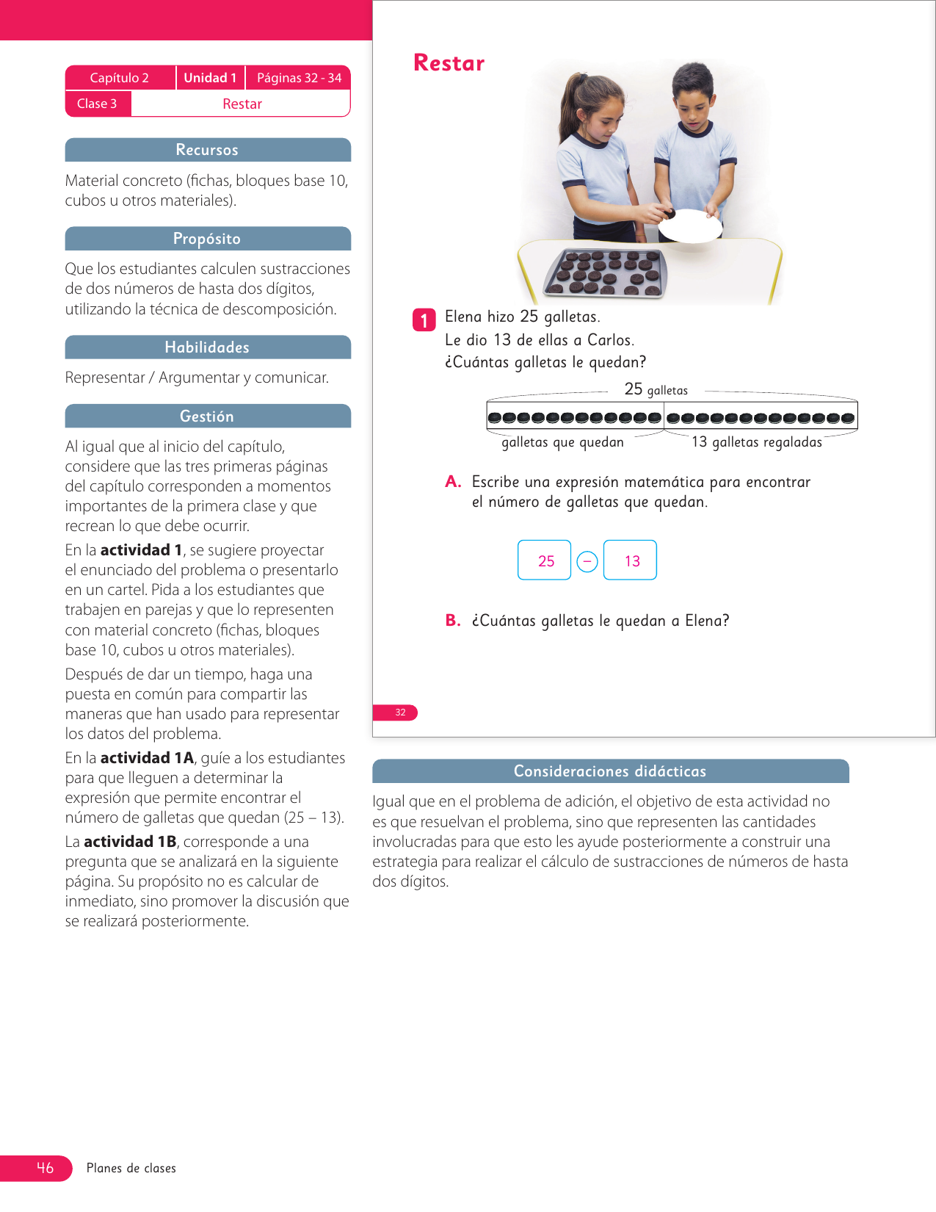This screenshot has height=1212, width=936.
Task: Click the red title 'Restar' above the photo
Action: pyautogui.click(x=449, y=63)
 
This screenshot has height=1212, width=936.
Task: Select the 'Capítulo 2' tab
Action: pyautogui.click(x=120, y=78)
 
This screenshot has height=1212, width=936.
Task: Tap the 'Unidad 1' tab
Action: pyautogui.click(x=210, y=78)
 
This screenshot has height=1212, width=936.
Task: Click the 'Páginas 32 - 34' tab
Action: pyautogui.click(x=299, y=78)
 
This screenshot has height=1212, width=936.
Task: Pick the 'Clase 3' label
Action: pyautogui.click(x=97, y=104)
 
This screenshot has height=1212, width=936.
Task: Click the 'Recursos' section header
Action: pyautogui.click(x=208, y=150)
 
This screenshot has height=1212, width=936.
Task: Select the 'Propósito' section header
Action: pyautogui.click(x=208, y=239)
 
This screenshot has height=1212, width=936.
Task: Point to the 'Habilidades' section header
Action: pyautogui.click(x=208, y=347)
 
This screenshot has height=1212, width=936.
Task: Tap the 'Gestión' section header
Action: pyautogui.click(x=208, y=416)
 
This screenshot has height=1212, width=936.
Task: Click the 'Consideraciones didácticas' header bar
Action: pyautogui.click(x=610, y=771)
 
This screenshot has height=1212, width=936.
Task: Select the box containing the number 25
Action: pyautogui.click(x=545, y=560)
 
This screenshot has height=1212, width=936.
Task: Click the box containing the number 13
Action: pyautogui.click(x=631, y=560)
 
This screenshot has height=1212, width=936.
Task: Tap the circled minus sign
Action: pyautogui.click(x=587, y=561)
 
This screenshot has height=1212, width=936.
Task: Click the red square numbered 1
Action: pyautogui.click(x=424, y=320)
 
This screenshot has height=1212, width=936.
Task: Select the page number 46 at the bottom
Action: pyautogui.click(x=45, y=1168)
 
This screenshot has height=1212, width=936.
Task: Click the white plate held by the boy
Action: pyautogui.click(x=690, y=226)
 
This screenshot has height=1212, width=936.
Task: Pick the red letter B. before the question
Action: pyautogui.click(x=452, y=621)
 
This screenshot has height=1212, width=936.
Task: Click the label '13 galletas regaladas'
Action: pyautogui.click(x=757, y=442)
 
